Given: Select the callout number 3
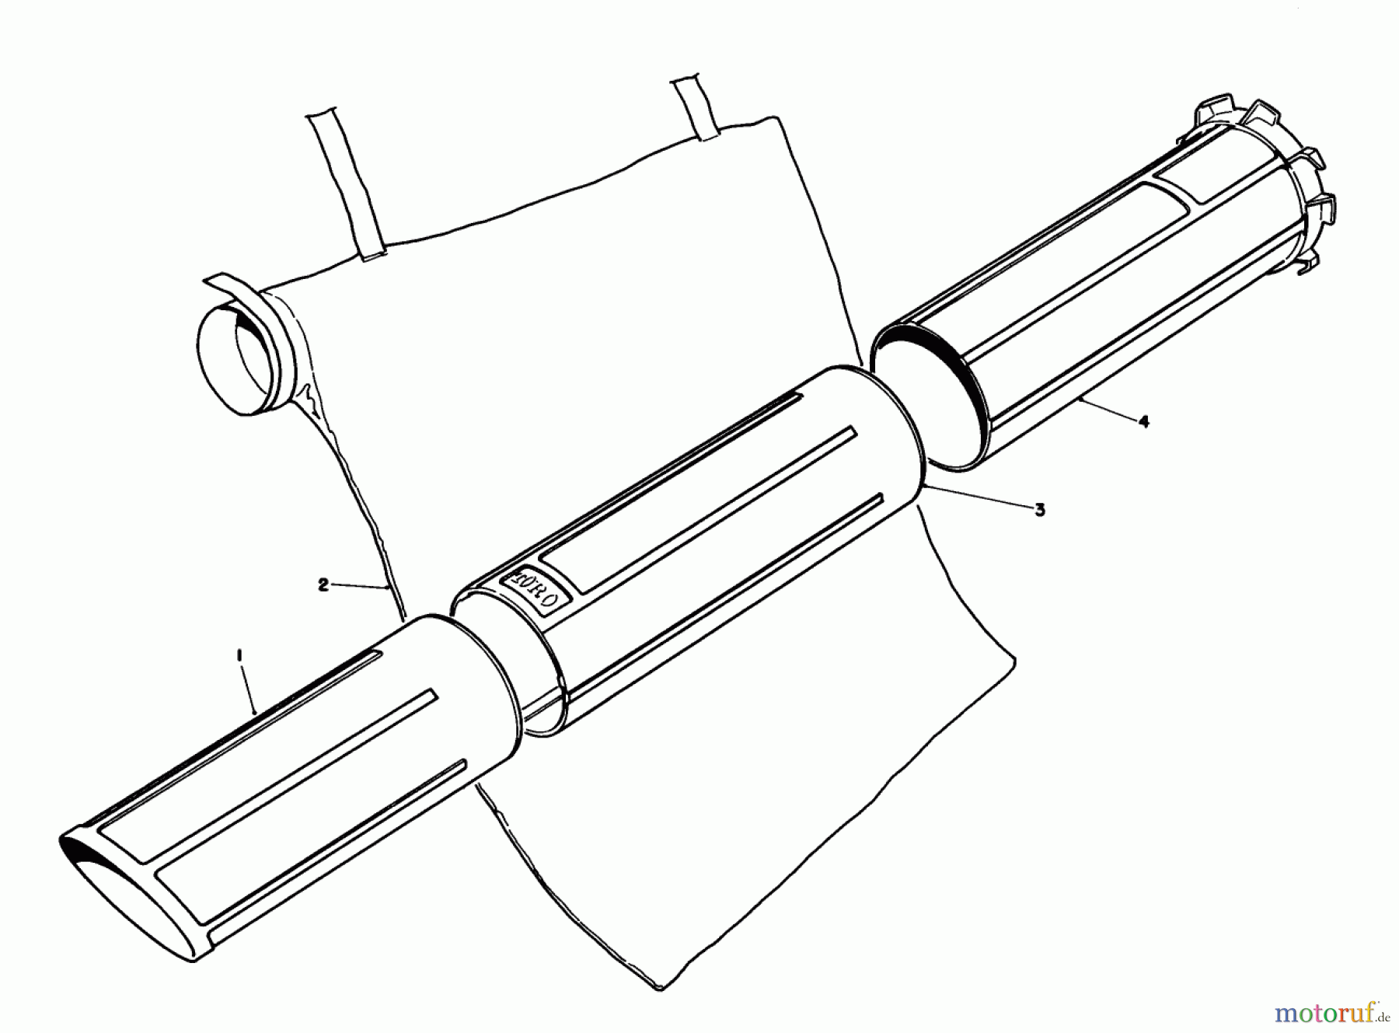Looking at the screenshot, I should pos(1039,510).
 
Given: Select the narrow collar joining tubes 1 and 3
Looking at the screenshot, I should pos(486,668).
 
